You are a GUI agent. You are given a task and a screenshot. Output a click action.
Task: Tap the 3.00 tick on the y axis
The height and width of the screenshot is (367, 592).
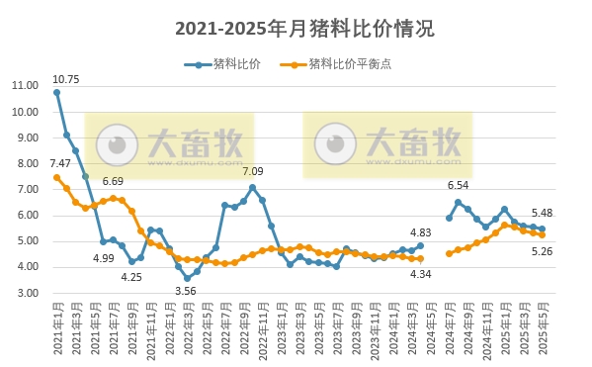[27, 294]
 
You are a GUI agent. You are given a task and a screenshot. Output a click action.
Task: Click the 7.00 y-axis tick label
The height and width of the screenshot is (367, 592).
[27, 189]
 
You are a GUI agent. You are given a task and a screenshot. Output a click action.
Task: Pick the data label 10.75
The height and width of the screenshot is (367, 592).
[65, 78]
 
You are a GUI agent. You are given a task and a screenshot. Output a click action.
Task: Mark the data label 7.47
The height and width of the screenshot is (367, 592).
[60, 163]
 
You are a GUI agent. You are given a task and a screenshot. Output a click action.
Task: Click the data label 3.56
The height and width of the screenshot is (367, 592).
[186, 291]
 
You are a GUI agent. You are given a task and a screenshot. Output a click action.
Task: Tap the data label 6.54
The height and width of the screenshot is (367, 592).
[458, 185]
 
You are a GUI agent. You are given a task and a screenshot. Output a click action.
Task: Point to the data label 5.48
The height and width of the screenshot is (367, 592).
[542, 213]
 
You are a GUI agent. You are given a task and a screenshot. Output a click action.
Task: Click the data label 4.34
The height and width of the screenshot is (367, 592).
[420, 274]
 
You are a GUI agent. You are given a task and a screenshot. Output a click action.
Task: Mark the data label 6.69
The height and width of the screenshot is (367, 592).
[112, 182]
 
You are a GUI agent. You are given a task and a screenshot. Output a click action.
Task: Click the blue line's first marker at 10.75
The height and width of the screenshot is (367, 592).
[56, 92]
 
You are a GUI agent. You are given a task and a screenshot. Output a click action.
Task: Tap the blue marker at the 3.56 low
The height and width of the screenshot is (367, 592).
[187, 278]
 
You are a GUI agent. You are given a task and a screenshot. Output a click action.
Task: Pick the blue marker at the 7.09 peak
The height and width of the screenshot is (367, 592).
[252, 187]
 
